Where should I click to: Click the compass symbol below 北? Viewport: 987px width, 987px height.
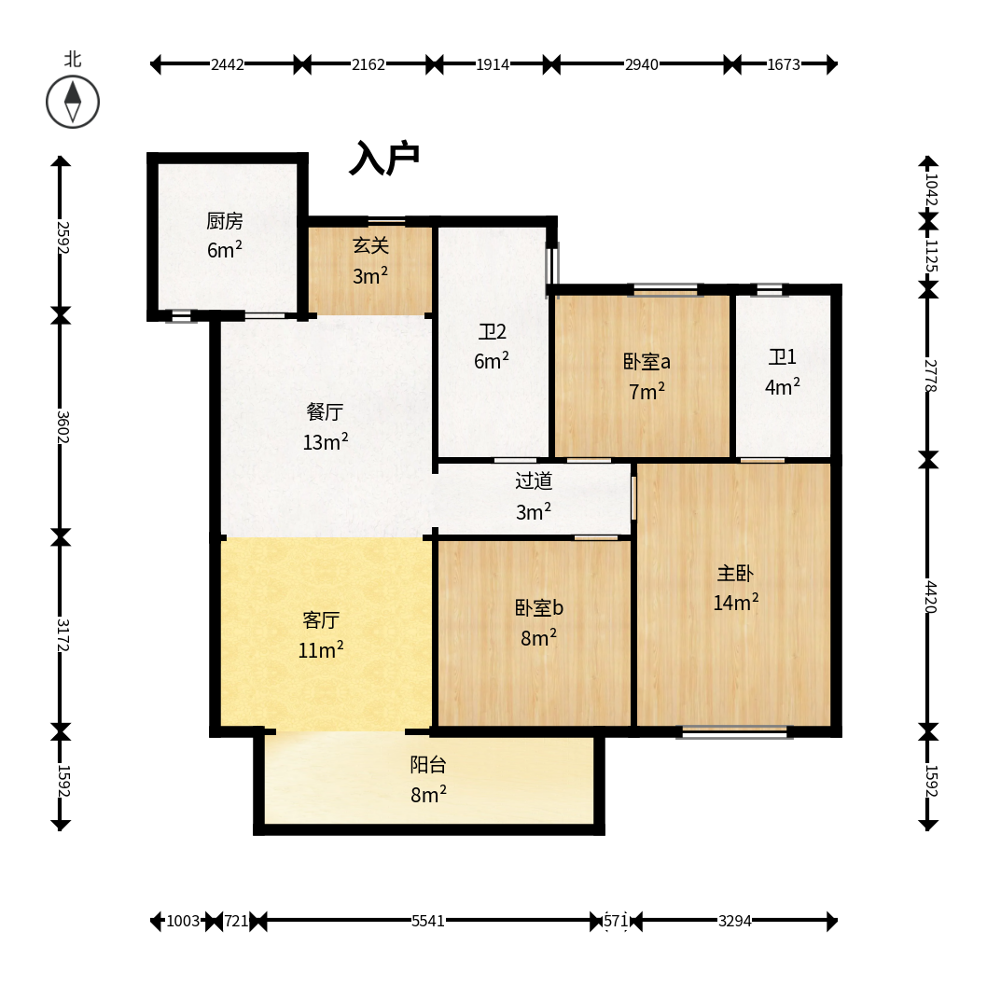[x=73, y=102]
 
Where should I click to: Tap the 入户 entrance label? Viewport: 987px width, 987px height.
[x=384, y=158]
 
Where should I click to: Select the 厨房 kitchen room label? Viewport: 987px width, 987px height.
[x=225, y=221]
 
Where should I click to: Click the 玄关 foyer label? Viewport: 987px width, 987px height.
[x=370, y=245]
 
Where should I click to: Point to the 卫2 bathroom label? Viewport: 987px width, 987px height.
[x=492, y=332]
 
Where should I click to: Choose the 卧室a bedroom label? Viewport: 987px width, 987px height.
[x=646, y=362]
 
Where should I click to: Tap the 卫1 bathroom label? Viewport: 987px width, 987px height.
[x=783, y=357]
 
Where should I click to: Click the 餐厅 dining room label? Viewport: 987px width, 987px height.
[x=325, y=412]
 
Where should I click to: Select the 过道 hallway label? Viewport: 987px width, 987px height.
[x=534, y=481]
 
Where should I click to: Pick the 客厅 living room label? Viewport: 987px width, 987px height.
[x=321, y=620]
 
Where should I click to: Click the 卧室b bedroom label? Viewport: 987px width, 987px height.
[x=539, y=608]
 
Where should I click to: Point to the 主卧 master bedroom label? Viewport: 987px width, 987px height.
[x=735, y=574]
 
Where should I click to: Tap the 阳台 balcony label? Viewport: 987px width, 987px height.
[x=428, y=765]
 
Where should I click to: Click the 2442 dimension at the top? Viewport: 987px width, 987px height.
[x=228, y=64]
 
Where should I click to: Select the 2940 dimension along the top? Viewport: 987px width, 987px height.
[x=642, y=64]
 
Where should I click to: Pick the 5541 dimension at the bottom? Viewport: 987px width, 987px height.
[x=428, y=922]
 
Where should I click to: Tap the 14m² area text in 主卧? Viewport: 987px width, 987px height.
[x=736, y=603]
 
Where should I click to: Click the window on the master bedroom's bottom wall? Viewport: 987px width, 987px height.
[x=734, y=732]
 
